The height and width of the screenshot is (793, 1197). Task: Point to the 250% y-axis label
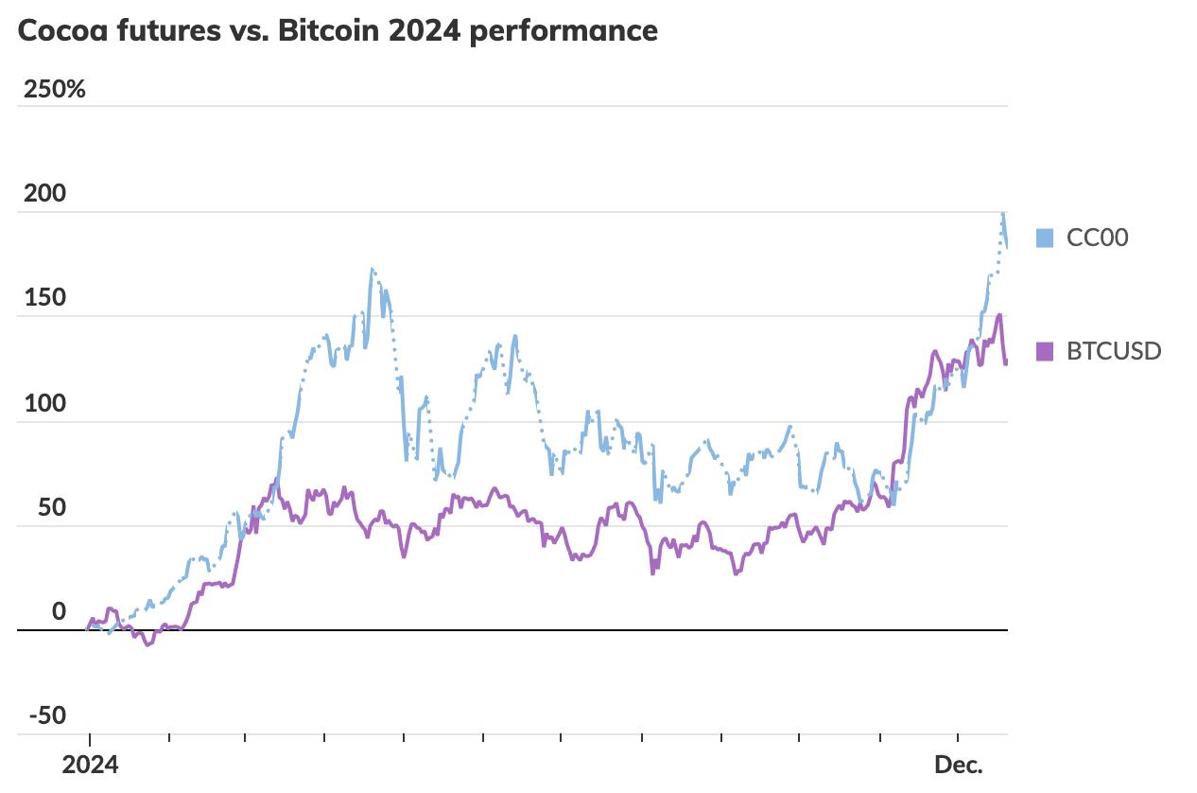(x=55, y=90)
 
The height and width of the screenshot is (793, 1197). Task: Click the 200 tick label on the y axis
(x=45, y=194)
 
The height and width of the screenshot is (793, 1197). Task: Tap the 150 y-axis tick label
(x=45, y=298)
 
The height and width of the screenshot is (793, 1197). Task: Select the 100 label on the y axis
(x=45, y=403)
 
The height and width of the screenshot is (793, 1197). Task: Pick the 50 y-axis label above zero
(x=52, y=507)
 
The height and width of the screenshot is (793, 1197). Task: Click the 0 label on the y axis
(x=59, y=612)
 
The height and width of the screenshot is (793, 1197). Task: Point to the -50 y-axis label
(x=47, y=715)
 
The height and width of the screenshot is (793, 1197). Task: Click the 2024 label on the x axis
(x=91, y=765)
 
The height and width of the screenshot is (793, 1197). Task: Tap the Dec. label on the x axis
(x=959, y=765)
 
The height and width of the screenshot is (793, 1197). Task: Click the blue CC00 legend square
(x=1044, y=238)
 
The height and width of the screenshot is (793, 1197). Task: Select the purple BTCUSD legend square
(x=1044, y=351)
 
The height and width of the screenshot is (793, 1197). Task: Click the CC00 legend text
(x=1097, y=238)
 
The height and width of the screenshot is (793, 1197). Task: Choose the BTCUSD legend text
(x=1114, y=351)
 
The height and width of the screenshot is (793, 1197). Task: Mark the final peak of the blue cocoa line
(x=1003, y=214)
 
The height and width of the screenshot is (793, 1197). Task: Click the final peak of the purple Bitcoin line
(x=999, y=315)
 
